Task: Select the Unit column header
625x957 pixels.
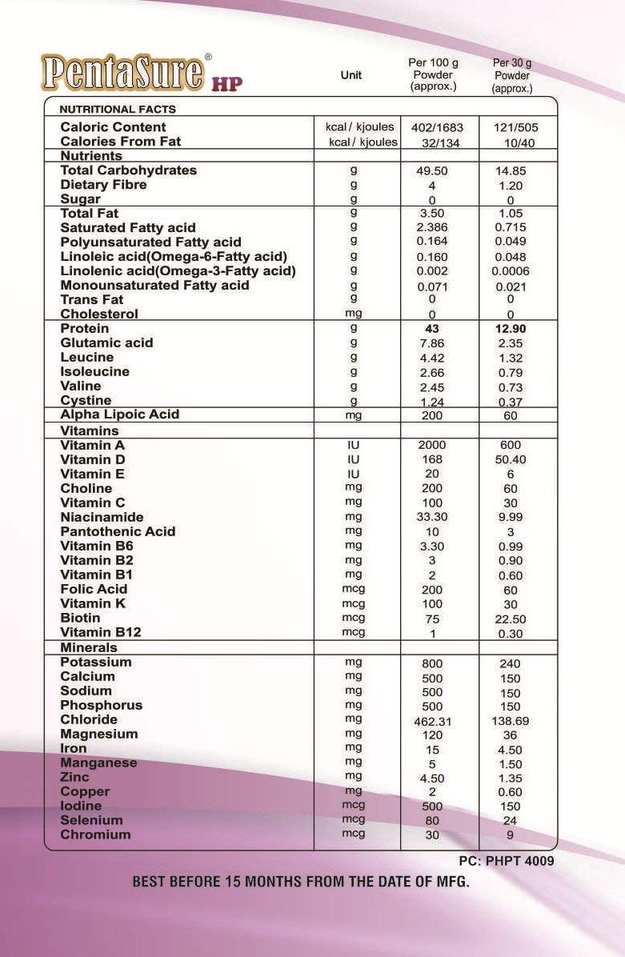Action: pyautogui.click(x=351, y=74)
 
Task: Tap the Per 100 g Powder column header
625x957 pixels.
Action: pyautogui.click(x=433, y=74)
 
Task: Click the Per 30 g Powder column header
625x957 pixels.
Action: pyautogui.click(x=512, y=75)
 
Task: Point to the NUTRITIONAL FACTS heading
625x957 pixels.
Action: pyautogui.click(x=118, y=110)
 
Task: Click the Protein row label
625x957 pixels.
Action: pyautogui.click(x=84, y=328)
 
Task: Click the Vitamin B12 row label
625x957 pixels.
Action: pyautogui.click(x=101, y=632)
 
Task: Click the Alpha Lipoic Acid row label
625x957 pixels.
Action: pyautogui.click(x=120, y=414)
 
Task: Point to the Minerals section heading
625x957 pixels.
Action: pyautogui.click(x=89, y=647)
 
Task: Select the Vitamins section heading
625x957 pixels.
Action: pyautogui.click(x=90, y=430)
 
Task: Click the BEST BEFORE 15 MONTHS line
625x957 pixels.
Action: pyautogui.click(x=300, y=883)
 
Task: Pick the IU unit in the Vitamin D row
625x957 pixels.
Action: pyautogui.click(x=353, y=459)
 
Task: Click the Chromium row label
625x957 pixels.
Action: pyautogui.click(x=95, y=835)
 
